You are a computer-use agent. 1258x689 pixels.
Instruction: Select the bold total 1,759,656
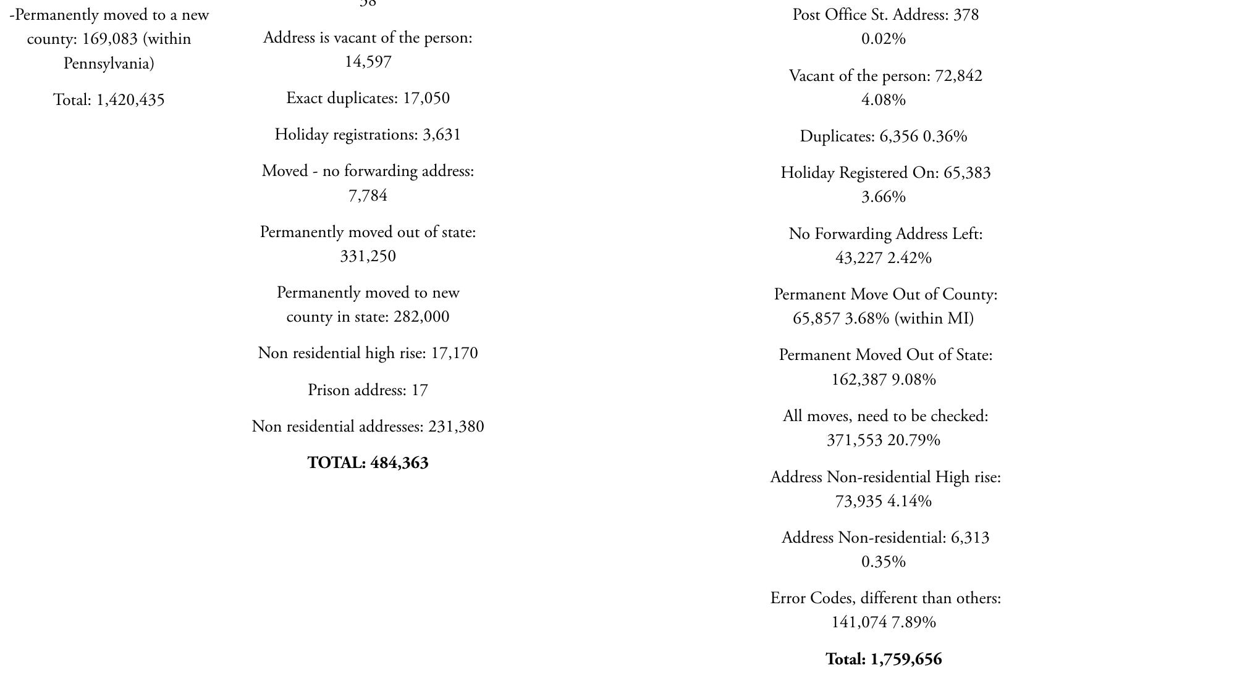pyautogui.click(x=906, y=659)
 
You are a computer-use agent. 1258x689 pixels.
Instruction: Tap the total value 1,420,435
pyautogui.click(x=130, y=100)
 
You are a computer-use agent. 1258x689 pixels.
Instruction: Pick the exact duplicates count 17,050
pyautogui.click(x=426, y=98)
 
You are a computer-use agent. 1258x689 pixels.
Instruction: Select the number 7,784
pyautogui.click(x=368, y=196)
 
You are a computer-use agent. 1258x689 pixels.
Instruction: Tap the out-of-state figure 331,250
pyautogui.click(x=368, y=256)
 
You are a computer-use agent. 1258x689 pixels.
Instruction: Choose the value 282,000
pyautogui.click(x=421, y=317)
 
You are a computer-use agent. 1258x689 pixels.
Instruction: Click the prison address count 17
pyautogui.click(x=420, y=390)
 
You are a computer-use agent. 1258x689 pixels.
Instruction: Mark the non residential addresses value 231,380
pyautogui.click(x=456, y=427)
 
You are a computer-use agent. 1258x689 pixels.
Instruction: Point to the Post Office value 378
pyautogui.click(x=966, y=15)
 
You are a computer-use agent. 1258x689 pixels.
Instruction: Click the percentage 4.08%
pyautogui.click(x=884, y=100)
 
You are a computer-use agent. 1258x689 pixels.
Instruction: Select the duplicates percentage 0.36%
pyautogui.click(x=945, y=136)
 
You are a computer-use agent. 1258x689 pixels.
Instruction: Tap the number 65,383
pyautogui.click(x=967, y=173)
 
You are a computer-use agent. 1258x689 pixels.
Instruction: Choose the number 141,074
pyautogui.click(x=859, y=622)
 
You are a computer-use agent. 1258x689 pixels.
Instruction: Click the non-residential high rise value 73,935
pyautogui.click(x=858, y=501)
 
